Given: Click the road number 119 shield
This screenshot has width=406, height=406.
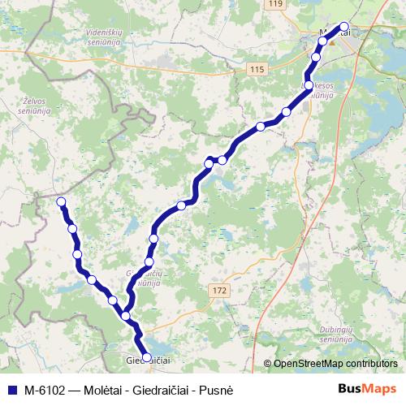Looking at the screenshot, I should click(276, 5).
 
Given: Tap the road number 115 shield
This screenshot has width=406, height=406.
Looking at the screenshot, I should click(257, 71).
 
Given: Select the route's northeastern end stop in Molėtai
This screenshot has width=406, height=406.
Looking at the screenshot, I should click(344, 26).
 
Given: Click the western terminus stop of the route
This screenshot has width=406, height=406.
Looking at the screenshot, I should click(60, 201).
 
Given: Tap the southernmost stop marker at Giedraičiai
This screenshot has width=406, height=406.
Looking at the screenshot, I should click(146, 356).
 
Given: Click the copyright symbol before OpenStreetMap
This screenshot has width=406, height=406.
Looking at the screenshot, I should click(267, 363).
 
